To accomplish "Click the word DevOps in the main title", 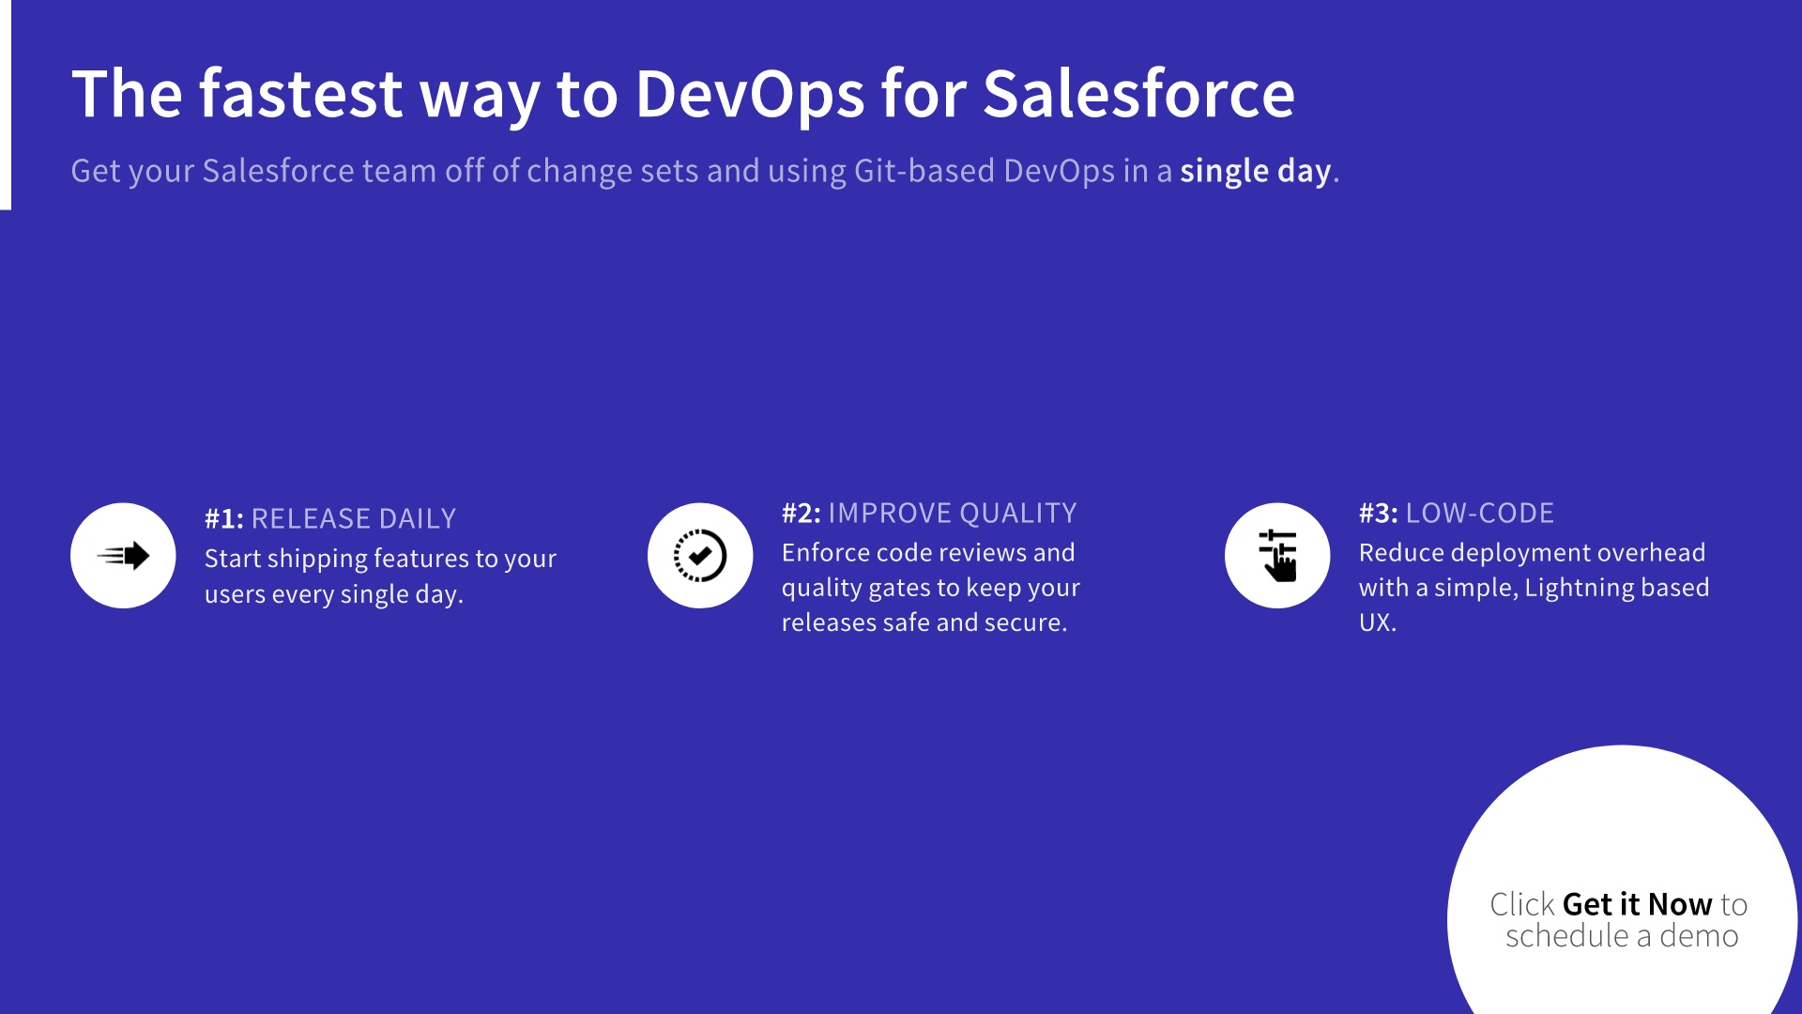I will coord(749,94).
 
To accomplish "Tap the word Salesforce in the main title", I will coord(1138,94).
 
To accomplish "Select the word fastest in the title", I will coord(300,94).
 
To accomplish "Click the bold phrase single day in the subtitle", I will coord(1255,171).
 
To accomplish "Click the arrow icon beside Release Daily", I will coord(123,556).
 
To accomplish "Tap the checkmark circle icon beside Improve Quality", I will coord(700,556).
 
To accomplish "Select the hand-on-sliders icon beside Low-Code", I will coord(1277,556).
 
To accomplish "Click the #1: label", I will coord(223,518).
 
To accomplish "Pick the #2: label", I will coord(801,513).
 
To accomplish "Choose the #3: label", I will coord(1378,513).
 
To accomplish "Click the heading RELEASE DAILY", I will coord(353,518).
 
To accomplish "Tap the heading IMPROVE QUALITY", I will coord(952,513).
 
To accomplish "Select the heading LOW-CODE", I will coord(1479,513).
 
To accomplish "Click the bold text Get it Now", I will coord(1637,904).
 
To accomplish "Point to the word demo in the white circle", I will coord(1699,936).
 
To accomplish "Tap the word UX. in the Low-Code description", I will coord(1377,622).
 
